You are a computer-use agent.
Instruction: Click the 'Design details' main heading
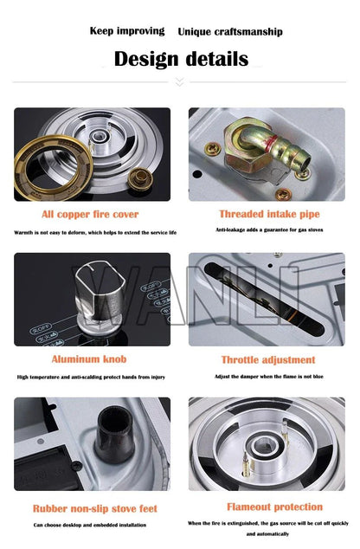tap(181, 59)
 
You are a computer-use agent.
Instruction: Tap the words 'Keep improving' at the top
tap(127, 31)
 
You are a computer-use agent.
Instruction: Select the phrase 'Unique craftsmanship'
tap(229, 32)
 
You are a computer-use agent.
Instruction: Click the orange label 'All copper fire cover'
tap(90, 214)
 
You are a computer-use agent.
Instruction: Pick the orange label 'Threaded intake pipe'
tap(268, 214)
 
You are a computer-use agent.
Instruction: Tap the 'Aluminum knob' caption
tap(89, 359)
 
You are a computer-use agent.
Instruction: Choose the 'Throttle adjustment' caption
tap(268, 359)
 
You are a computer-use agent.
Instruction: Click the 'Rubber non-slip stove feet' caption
tap(95, 508)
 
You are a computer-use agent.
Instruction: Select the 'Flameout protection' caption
tap(274, 507)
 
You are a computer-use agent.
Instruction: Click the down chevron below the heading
tap(180, 82)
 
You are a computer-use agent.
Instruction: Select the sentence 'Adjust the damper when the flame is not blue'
tap(268, 375)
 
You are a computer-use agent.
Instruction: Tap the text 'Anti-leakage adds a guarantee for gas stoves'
tap(268, 229)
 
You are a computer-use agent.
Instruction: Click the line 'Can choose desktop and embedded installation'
tap(90, 525)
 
